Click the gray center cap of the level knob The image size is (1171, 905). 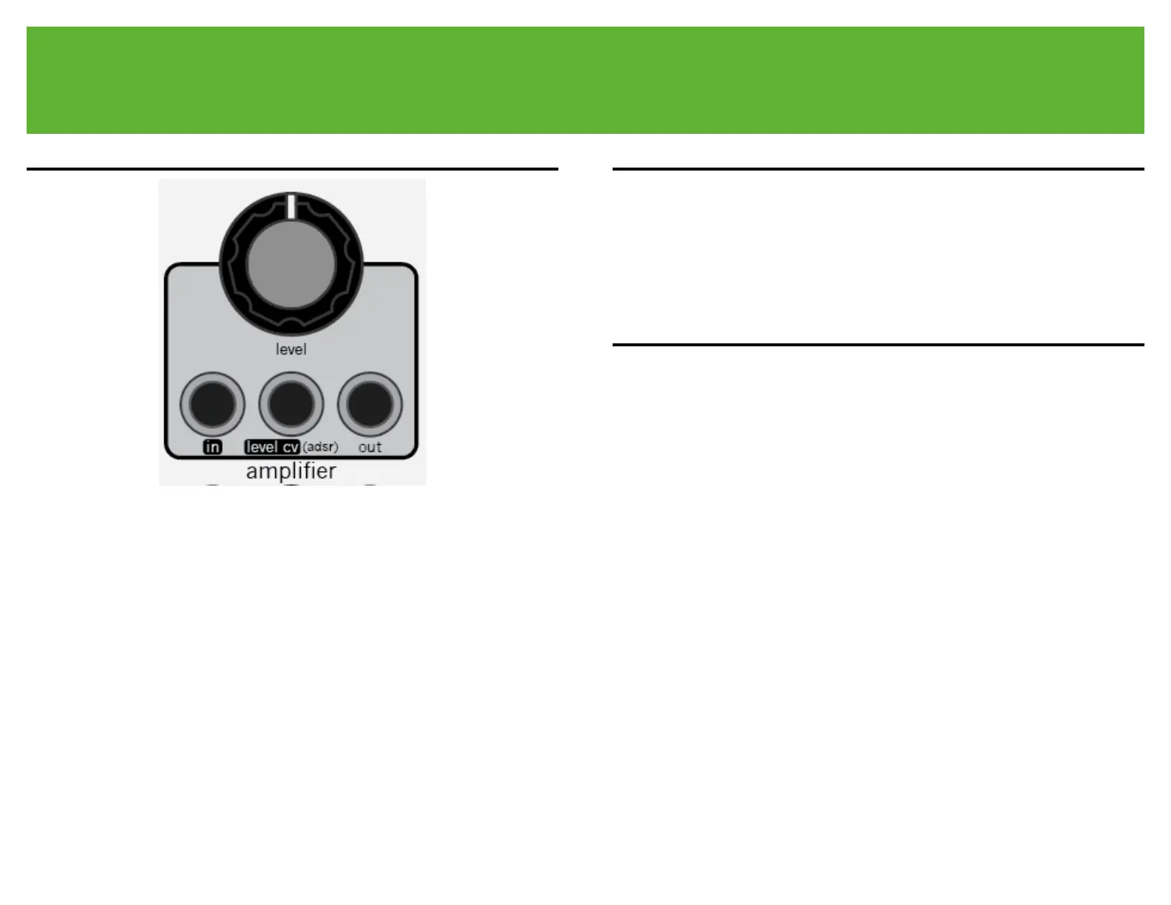[291, 264]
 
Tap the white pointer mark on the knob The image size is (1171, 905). [291, 206]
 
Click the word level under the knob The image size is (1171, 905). [291, 349]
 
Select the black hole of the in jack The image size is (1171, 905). [212, 404]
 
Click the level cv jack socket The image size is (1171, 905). [291, 404]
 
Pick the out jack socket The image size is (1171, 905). [370, 404]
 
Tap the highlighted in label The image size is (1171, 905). [212, 447]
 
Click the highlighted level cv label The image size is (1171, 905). [271, 447]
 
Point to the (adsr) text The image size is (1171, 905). [320, 447]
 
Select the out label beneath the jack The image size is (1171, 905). [370, 447]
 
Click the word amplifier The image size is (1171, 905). [291, 471]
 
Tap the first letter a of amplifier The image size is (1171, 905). [252, 472]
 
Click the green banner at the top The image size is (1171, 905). [585, 80]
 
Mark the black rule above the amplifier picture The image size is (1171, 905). [292, 169]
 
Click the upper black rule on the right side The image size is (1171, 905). [878, 169]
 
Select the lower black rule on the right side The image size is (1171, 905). [878, 345]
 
